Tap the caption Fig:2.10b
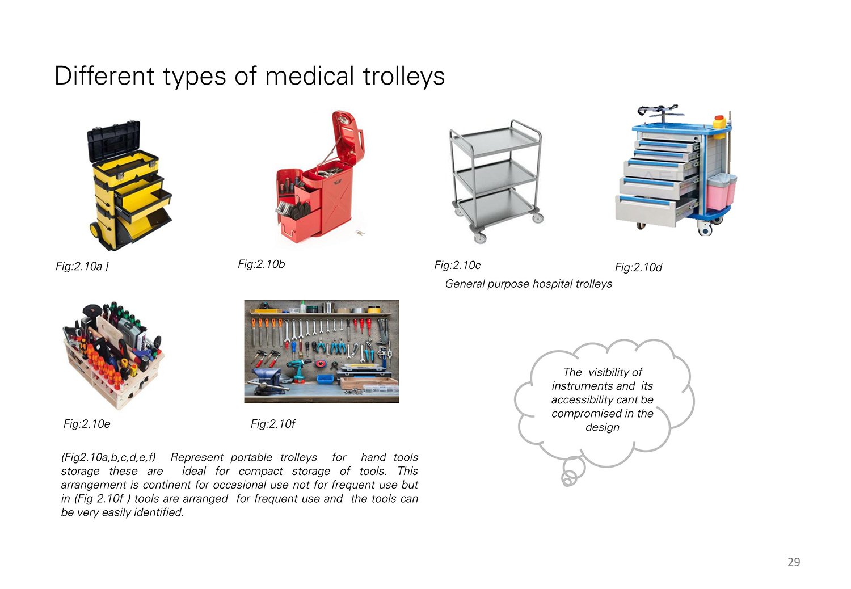click(261, 264)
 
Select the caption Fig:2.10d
click(638, 267)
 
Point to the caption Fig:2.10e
click(87, 424)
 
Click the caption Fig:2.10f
click(273, 424)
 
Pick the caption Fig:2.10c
click(457, 265)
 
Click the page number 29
click(794, 562)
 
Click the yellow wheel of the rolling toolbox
click(94, 230)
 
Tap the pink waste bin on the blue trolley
click(721, 192)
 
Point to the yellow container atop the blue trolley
click(719, 123)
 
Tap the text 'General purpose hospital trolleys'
click(528, 284)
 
